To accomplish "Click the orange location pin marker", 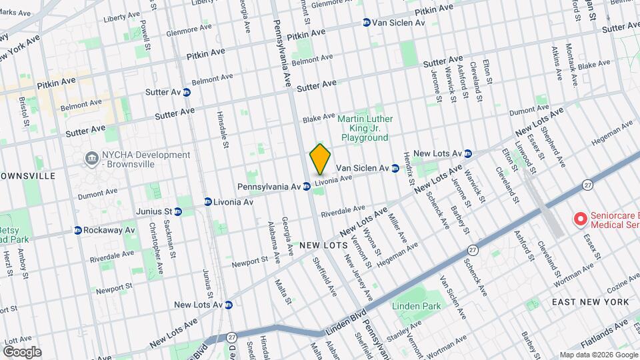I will (320, 159).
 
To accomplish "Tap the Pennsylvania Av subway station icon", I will (306, 187).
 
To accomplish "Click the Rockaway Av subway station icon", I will (78, 230).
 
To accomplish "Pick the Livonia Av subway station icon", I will (209, 201).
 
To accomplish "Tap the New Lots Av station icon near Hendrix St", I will (468, 153).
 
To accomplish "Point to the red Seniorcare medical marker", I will (580, 217).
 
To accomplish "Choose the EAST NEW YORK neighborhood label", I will (591, 302).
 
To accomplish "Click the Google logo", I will (21, 351).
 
